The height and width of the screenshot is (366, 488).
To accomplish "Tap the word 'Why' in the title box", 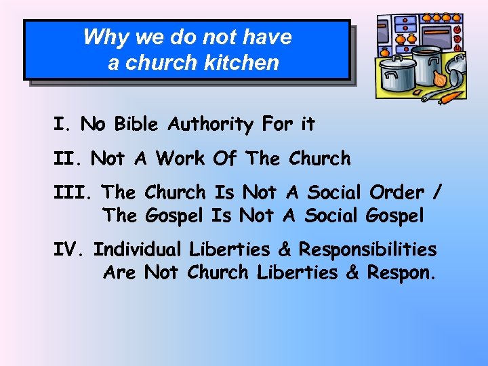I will click(x=101, y=37).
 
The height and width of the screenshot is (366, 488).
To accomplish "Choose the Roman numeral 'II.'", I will click(x=68, y=159).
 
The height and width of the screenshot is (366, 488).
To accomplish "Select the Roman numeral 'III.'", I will click(x=73, y=192).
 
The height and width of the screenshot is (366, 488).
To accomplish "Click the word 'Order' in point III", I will click(x=400, y=192).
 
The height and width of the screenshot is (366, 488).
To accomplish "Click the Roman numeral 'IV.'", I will click(x=70, y=249).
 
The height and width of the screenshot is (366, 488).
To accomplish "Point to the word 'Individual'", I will click(x=138, y=249).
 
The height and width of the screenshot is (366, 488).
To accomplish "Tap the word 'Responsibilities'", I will click(x=368, y=250).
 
